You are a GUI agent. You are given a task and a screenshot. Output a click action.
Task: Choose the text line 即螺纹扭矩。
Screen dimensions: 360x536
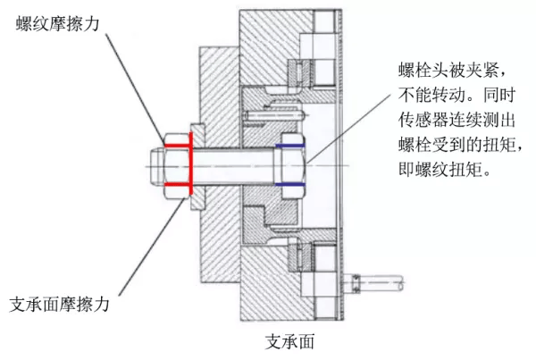pos(443,169)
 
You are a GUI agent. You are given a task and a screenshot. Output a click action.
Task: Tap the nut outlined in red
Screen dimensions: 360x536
pos(177,165)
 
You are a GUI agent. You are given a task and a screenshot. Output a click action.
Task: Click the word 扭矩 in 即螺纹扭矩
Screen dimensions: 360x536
pos(468,169)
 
